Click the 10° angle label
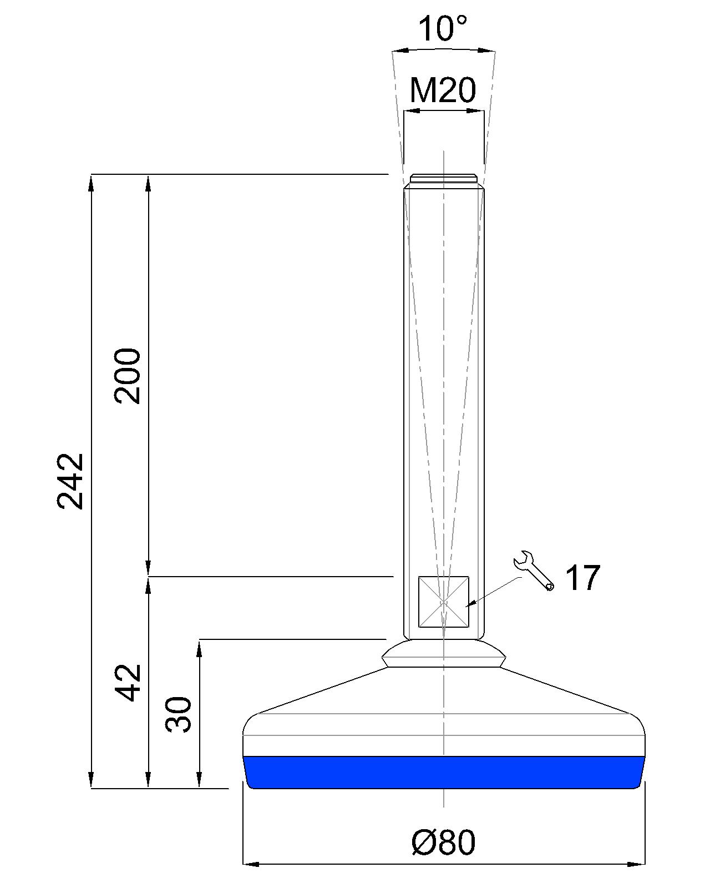coord(443,29)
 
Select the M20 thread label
coord(443,90)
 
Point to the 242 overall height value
coord(70,482)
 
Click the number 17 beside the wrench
coord(582,578)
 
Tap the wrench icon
coord(534,571)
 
